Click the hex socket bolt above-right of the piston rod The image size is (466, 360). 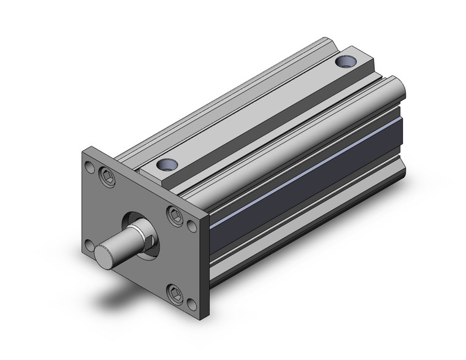tap(174, 214)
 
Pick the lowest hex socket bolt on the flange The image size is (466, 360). tap(175, 293)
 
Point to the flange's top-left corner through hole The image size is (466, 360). tap(90, 166)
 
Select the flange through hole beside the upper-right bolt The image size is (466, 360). tap(193, 226)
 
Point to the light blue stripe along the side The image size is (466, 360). tap(307, 177)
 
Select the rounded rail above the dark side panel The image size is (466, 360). tap(294, 141)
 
